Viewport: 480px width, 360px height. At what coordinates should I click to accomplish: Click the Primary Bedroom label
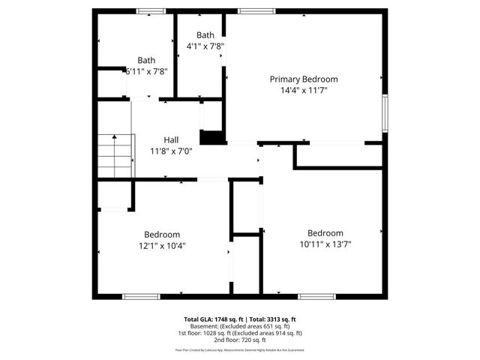point(304,79)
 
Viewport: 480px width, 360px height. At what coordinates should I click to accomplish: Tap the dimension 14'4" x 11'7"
point(304,90)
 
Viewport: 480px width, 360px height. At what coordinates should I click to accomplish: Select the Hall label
point(171,139)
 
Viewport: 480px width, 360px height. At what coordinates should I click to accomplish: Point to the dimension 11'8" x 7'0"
point(171,150)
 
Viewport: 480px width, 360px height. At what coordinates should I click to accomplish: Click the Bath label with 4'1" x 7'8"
point(205,35)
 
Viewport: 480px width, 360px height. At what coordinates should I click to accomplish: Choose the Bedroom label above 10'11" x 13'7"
point(325,232)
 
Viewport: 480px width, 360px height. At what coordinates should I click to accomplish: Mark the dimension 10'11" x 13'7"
point(325,244)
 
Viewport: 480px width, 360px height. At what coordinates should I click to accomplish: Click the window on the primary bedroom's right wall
point(385,112)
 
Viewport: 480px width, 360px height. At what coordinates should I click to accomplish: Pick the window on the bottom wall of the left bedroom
point(141,296)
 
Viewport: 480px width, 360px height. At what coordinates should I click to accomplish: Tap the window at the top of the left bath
point(151,11)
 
